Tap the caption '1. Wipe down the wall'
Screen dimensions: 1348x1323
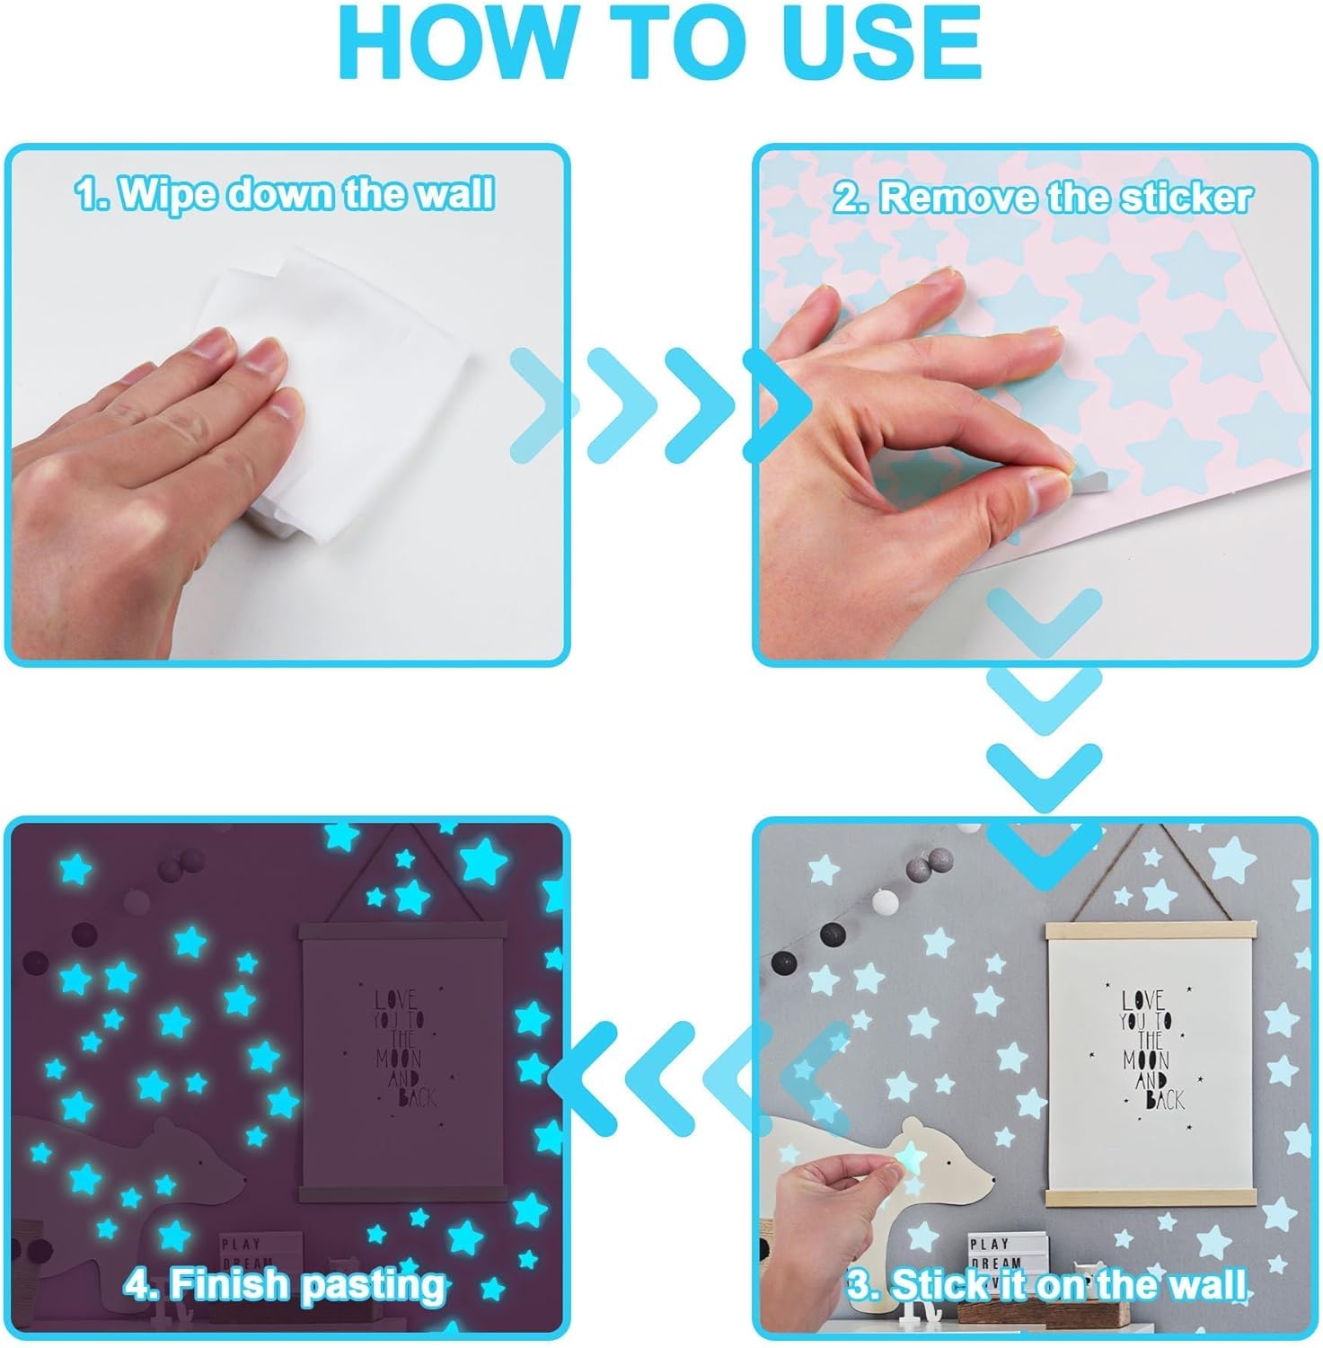click(x=285, y=194)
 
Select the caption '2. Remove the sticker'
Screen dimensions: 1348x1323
click(x=1042, y=198)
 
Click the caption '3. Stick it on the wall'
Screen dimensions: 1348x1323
click(x=1046, y=1284)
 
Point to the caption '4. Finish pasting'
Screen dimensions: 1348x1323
click(x=286, y=1284)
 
